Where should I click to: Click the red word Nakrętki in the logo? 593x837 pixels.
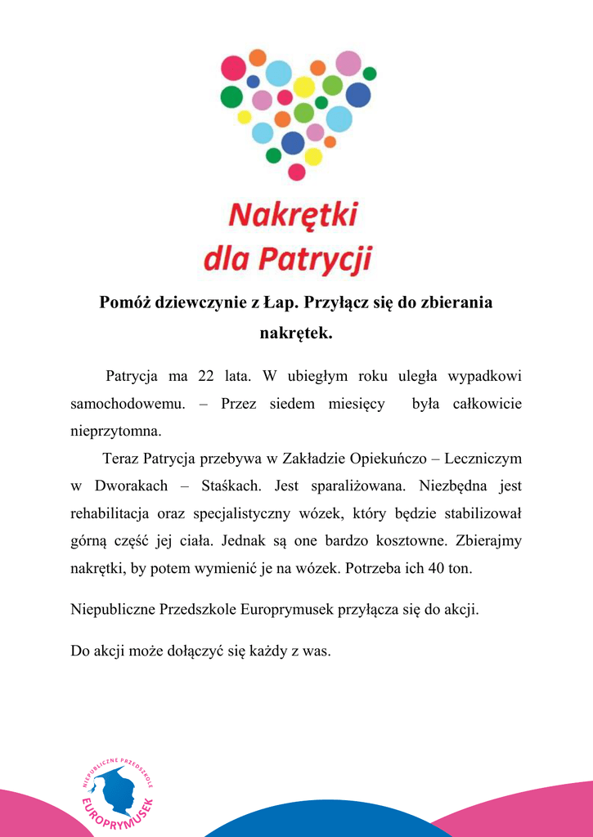click(x=293, y=215)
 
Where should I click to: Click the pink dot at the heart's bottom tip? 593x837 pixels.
click(x=297, y=172)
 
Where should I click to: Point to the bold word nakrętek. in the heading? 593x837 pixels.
click(x=296, y=333)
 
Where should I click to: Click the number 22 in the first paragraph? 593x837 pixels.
click(x=206, y=376)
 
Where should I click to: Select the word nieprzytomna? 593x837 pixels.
click(x=115, y=431)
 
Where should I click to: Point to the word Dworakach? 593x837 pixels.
click(x=131, y=486)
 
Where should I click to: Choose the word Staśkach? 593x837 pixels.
click(x=231, y=486)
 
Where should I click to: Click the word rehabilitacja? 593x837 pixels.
click(x=112, y=513)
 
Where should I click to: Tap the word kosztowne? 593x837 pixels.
click(x=410, y=540)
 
